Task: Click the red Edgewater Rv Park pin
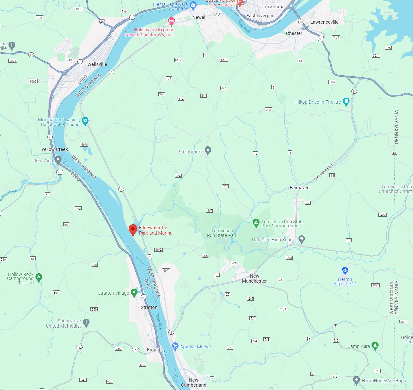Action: (133, 230)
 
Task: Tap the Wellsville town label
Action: (97, 64)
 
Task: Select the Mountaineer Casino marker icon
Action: (85, 121)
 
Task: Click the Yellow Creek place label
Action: (54, 149)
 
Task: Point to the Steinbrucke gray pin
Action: (208, 151)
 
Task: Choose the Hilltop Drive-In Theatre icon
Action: (346, 102)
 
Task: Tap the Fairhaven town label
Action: (300, 188)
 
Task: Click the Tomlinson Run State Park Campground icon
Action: (256, 223)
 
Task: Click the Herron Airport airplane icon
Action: (345, 271)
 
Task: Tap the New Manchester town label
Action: (254, 278)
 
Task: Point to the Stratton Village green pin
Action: (134, 292)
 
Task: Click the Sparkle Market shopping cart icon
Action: (175, 346)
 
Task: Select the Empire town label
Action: (154, 350)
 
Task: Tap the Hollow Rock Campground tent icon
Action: (39, 277)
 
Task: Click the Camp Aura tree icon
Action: (375, 346)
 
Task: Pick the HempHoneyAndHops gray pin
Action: (356, 380)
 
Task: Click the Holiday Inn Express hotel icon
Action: (171, 22)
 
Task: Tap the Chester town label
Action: (294, 33)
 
